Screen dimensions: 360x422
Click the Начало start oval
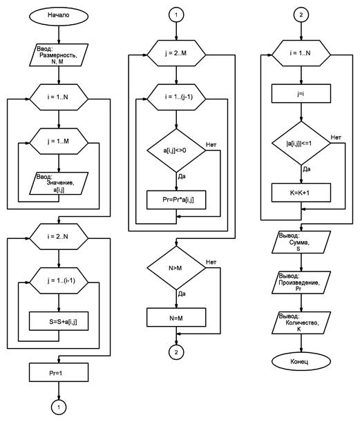(x=59, y=16)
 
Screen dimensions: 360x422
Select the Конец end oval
(x=301, y=361)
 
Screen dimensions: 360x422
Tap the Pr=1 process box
(x=59, y=372)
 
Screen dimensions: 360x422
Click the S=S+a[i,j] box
(x=59, y=321)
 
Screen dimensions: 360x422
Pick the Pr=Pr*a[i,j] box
(x=176, y=200)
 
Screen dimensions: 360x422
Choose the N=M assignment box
(x=176, y=318)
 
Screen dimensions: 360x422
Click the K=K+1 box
(x=301, y=193)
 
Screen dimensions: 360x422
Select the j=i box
(x=301, y=94)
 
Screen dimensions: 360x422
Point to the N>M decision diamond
(x=176, y=268)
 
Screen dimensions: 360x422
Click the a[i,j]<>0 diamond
(x=176, y=151)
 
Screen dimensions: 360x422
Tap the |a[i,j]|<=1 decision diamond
(x=301, y=143)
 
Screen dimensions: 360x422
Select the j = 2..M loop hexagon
(x=176, y=53)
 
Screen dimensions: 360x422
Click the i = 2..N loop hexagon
(x=59, y=237)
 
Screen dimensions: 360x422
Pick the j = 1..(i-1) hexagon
(x=59, y=280)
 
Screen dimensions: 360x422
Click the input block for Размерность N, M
(x=59, y=55)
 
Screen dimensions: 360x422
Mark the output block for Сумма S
(x=301, y=242)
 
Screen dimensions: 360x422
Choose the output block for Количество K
(x=301, y=323)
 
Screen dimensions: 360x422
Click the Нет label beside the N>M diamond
(x=211, y=262)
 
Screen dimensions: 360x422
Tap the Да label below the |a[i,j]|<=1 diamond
(x=307, y=169)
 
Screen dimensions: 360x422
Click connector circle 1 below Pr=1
(x=59, y=407)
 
